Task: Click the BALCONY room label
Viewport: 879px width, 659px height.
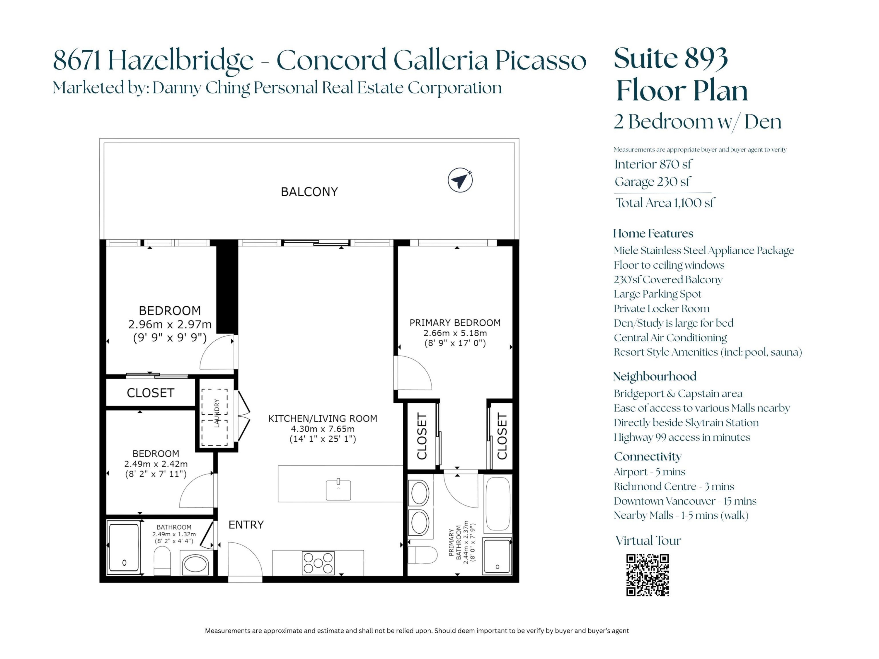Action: coord(309,192)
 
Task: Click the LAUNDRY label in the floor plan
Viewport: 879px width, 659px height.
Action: coord(217,413)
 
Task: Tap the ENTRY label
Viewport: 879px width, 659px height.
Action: coord(246,525)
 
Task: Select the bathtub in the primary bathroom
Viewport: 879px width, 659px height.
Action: coord(498,503)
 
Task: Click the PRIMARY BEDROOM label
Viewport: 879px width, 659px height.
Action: coord(455,322)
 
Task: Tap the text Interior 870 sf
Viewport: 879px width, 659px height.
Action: coord(653,164)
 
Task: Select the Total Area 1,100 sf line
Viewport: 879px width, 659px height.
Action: coord(665,203)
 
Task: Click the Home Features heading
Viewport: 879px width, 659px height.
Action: coord(653,233)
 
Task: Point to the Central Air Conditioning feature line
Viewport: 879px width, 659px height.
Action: coord(670,338)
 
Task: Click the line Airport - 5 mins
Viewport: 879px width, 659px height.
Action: coord(649,472)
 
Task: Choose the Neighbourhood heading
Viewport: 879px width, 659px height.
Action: coord(655,376)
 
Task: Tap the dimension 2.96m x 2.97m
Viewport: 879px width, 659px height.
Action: coord(170,325)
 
